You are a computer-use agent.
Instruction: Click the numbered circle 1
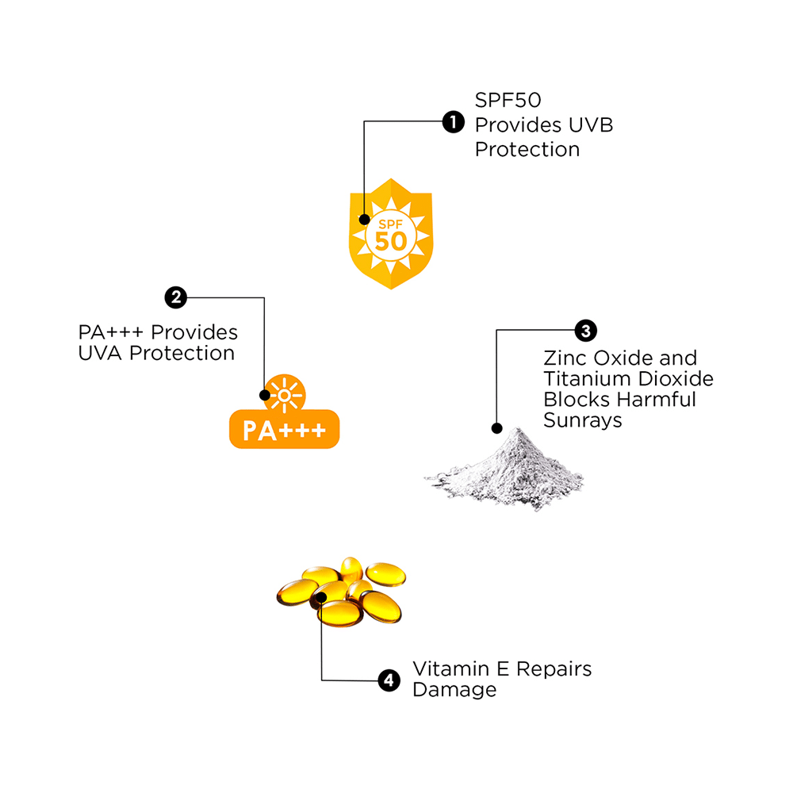pos(452,122)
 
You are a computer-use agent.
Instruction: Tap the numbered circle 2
pos(175,298)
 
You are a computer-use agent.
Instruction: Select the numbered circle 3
pos(585,330)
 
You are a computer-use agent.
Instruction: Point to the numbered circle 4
pos(388,680)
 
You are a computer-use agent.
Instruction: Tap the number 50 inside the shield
pos(391,241)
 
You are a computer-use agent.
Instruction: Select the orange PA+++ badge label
pos(284,430)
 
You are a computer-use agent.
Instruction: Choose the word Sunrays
pos(583,420)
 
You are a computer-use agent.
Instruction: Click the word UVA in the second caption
pos(101,353)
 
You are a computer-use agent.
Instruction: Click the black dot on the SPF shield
pos(364,220)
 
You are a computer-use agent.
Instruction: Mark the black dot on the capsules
pos(321,597)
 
